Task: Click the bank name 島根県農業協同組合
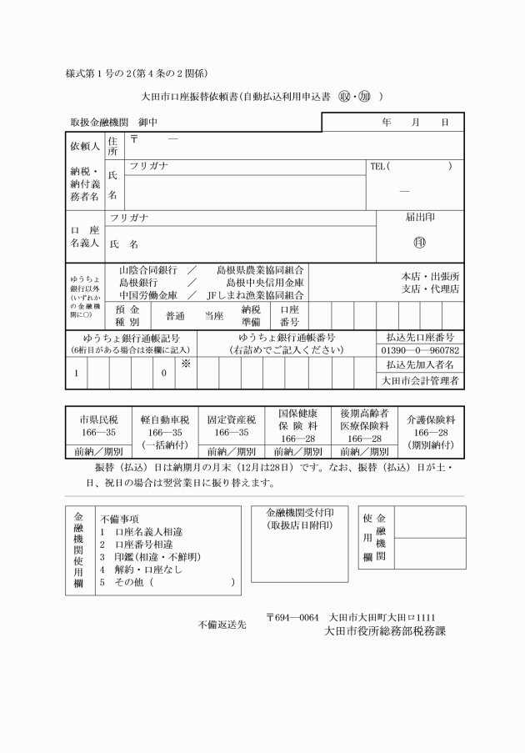tap(260, 271)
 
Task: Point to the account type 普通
tap(175, 316)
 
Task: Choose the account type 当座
tap(214, 316)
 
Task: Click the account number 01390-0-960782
tap(420, 351)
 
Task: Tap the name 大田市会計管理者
tap(420, 380)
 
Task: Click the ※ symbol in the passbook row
tap(186, 364)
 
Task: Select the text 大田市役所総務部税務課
tap(385, 631)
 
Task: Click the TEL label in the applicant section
tap(378, 166)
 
